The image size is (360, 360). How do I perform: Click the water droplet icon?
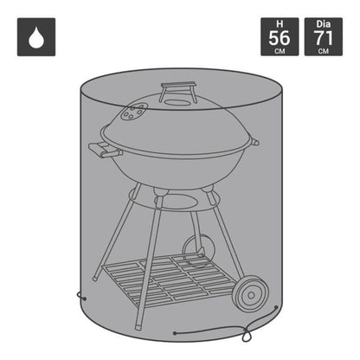click(36, 37)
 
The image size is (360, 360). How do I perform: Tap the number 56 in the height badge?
click(280, 38)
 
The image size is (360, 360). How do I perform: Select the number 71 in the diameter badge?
click(324, 38)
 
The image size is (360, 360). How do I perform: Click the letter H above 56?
click(280, 24)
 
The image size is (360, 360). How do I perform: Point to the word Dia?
click(324, 24)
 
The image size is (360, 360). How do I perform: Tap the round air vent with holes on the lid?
click(134, 112)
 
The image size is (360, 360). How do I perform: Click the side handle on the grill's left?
click(103, 151)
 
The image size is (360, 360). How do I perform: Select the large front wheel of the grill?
click(251, 293)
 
